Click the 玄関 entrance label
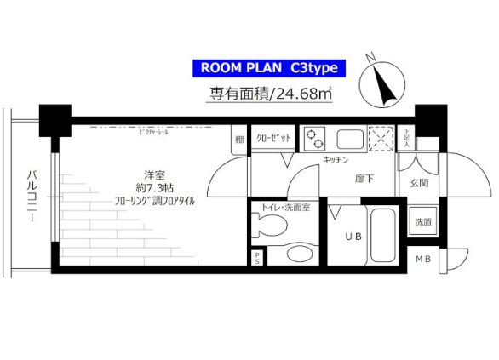click(419, 182)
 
